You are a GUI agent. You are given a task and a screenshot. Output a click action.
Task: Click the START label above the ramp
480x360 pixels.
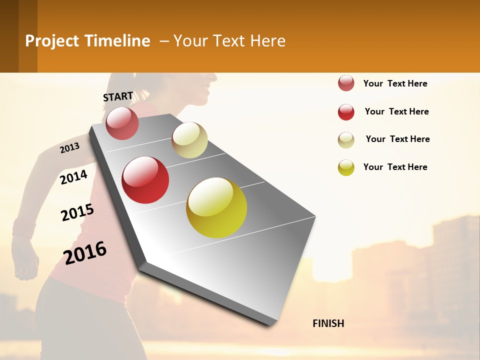pyautogui.click(x=118, y=96)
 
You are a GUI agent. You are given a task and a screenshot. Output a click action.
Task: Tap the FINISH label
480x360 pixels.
pyautogui.click(x=328, y=323)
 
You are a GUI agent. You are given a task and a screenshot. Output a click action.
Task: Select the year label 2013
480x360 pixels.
pyautogui.click(x=70, y=147)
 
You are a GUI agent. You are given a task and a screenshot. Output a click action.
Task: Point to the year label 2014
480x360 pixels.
pyautogui.click(x=74, y=177)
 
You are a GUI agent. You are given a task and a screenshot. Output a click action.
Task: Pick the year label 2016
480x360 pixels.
pyautogui.click(x=85, y=252)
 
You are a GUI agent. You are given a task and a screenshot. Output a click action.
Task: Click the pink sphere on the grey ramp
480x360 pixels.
pyautogui.click(x=122, y=123)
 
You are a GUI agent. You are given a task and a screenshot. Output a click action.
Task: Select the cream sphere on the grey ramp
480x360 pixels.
pyautogui.click(x=189, y=140)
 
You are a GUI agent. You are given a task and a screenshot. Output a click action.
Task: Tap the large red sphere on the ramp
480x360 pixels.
pyautogui.click(x=145, y=180)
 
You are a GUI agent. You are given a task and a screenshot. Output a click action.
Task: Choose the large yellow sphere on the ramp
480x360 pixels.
pyautogui.click(x=216, y=207)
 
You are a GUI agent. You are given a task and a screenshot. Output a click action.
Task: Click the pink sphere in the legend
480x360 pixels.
pyautogui.click(x=346, y=83)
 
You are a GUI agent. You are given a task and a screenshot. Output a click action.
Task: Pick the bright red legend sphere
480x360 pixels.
pyautogui.click(x=346, y=112)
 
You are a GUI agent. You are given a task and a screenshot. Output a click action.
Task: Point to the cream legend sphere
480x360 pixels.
pyautogui.click(x=346, y=140)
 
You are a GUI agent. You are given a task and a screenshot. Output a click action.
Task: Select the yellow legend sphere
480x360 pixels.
pyautogui.click(x=346, y=167)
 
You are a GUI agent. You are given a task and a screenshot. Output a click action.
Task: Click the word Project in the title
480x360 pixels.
pyautogui.click(x=52, y=41)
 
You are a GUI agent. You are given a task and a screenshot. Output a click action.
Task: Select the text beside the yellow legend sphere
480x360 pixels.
pyautogui.click(x=395, y=167)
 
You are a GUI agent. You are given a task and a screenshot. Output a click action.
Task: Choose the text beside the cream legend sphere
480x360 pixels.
pyautogui.click(x=397, y=139)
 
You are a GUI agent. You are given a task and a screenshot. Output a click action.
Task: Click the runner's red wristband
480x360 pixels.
pyautogui.click(x=23, y=228)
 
